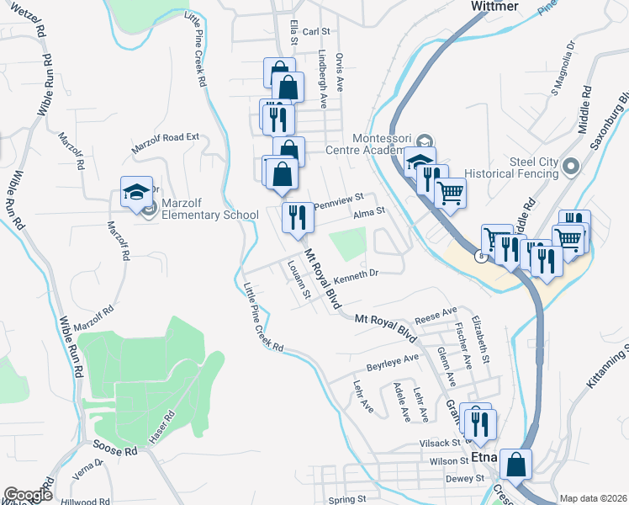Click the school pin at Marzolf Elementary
135,194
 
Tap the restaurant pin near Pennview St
298,218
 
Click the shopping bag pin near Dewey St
515,465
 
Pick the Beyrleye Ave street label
392,364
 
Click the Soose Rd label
115,452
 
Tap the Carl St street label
315,31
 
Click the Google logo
28,495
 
